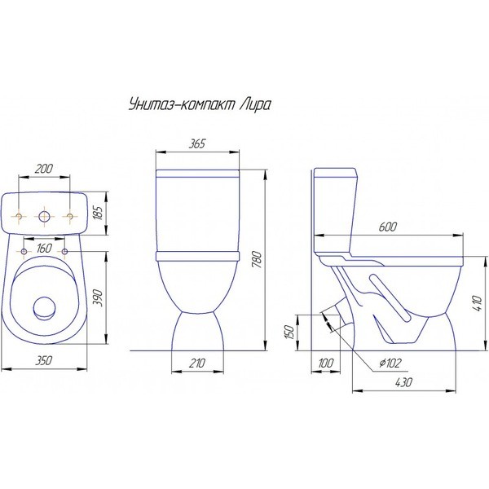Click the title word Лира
(255, 105)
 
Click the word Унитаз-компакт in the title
(182, 105)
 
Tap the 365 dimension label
(197, 143)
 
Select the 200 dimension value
(44, 169)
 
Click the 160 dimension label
(44, 249)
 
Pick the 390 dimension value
(99, 297)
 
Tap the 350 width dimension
(43, 360)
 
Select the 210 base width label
(197, 363)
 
